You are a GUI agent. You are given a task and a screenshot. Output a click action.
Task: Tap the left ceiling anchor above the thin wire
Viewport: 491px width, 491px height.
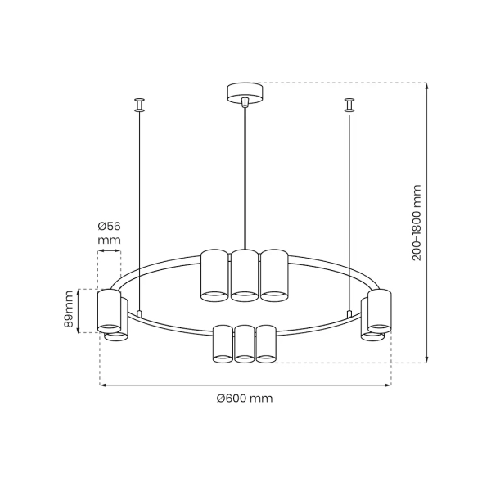point(140,104)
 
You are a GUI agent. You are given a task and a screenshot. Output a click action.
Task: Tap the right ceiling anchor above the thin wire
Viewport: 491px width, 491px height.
point(350,104)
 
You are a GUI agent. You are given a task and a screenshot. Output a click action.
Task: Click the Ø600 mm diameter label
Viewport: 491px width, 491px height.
point(245,399)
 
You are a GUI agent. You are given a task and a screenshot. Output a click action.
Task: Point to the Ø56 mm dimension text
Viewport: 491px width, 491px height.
point(108,233)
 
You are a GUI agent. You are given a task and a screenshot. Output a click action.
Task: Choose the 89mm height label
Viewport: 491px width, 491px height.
point(70,310)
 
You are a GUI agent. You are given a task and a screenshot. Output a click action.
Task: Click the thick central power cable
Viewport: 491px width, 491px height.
point(245,180)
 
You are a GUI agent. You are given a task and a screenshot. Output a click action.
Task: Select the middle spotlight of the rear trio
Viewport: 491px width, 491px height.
point(245,275)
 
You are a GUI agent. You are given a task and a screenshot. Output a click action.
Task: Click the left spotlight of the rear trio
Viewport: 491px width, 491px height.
point(214,273)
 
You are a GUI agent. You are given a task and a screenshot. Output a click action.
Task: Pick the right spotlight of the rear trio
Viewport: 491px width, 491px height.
point(274,273)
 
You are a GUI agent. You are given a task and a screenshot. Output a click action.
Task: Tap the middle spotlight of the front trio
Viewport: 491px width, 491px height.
point(245,343)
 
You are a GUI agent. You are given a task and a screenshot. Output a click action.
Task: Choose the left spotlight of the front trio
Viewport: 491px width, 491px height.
point(223,343)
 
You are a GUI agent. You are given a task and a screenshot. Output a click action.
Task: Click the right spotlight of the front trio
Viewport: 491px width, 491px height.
point(266,343)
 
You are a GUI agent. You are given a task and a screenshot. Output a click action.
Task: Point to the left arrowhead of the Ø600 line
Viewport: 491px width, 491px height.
point(103,385)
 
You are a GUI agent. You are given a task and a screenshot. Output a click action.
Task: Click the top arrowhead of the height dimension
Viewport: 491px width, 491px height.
point(426,85)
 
